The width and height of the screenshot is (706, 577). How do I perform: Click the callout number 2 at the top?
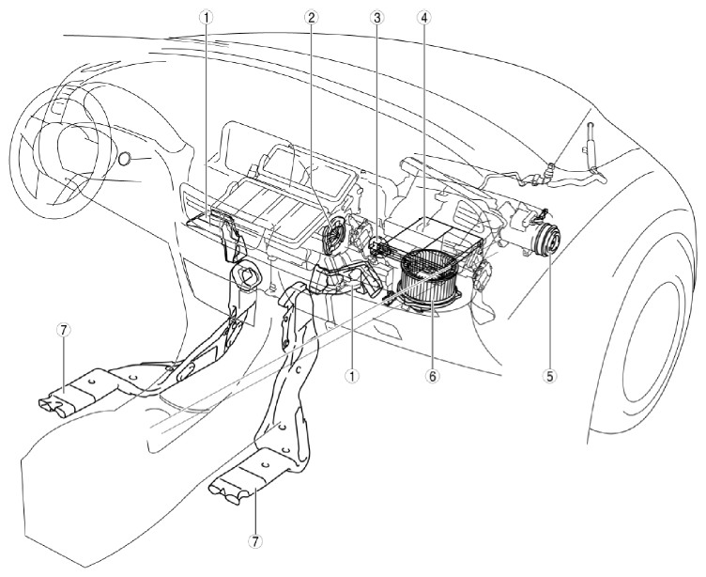[x=311, y=17]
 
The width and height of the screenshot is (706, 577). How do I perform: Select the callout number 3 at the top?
[x=376, y=17]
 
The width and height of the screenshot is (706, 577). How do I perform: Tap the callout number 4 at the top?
[x=423, y=17]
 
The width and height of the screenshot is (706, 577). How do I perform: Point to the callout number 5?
[x=549, y=375]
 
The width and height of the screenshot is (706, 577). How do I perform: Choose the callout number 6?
[x=432, y=375]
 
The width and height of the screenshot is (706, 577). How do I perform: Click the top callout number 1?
[x=207, y=17]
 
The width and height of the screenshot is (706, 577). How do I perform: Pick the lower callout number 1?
[x=352, y=375]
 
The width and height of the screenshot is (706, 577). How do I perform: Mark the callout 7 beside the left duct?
[x=64, y=330]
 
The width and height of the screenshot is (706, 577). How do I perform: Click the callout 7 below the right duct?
[x=255, y=541]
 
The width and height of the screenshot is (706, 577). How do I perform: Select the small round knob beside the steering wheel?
[x=125, y=159]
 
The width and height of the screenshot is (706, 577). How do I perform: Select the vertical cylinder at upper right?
[x=591, y=140]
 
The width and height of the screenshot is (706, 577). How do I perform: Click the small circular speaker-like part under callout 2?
[x=335, y=233]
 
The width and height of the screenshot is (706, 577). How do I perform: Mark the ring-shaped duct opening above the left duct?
[x=245, y=275]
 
